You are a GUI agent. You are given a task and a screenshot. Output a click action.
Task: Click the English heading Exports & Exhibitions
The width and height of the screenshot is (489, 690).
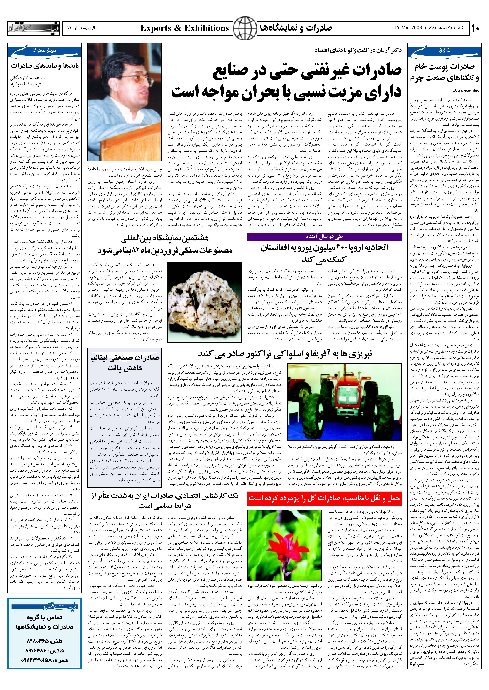click(x=185, y=28)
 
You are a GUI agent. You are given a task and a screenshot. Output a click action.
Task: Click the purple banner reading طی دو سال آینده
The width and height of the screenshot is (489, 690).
click(x=324, y=237)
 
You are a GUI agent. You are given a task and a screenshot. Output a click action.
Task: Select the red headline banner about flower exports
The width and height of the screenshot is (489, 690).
click(x=324, y=498)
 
